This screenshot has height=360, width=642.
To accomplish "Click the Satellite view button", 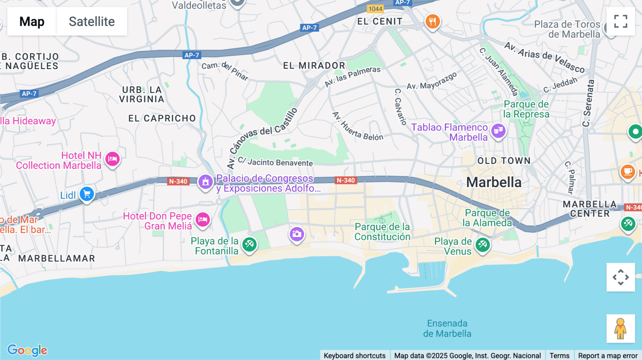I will point(92,21).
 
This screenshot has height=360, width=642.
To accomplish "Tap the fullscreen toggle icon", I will point(621,21).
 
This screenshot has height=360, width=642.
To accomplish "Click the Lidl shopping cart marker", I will point(87,194).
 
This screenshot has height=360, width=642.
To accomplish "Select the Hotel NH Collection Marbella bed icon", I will point(112,159).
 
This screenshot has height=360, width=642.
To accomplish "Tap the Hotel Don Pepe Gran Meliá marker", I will point(203,219).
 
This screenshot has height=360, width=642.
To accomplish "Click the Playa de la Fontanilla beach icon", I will point(249,245).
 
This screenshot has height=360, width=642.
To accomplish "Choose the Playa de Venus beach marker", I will point(483,245).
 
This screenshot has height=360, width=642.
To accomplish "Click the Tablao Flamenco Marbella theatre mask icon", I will point(498,131).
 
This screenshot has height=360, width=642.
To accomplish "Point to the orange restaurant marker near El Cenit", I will point(432,22).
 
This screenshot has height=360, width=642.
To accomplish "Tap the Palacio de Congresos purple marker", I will point(205,182).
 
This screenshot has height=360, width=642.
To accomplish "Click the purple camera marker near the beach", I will point(296,234).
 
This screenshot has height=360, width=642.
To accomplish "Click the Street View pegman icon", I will point(621,328).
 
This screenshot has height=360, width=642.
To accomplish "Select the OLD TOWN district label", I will point(504,161).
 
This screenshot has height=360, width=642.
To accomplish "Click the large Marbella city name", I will point(494,182).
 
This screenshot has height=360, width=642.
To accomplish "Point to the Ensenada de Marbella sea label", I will point(447,328).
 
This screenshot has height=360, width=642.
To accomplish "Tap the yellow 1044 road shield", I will point(375,9).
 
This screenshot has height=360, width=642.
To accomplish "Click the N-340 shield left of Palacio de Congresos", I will point(178,181).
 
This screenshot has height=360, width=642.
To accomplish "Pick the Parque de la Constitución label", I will point(382,232).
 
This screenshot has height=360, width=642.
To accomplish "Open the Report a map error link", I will point(608,355).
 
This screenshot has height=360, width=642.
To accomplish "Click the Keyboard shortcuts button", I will point(355,355).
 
